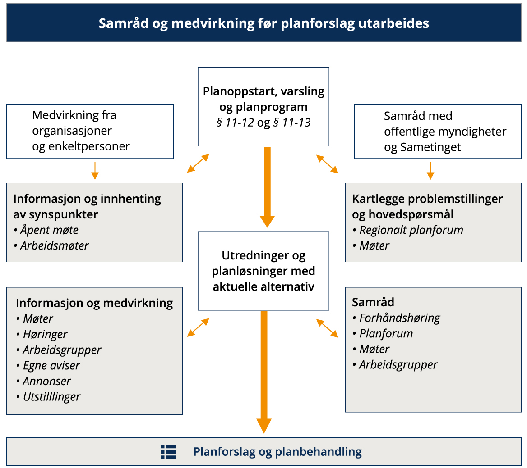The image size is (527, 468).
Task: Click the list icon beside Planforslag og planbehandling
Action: tap(169, 452)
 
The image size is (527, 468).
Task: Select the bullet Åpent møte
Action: tap(49, 230)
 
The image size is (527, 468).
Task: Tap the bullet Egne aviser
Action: tap(51, 365)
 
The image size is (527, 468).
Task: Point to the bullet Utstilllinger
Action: tap(51, 397)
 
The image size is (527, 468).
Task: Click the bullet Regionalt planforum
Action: tap(411, 230)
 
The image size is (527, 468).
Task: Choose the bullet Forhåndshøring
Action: tap(399, 318)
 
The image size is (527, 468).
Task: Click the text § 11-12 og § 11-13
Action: tap(263, 123)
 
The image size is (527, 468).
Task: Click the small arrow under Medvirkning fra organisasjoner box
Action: tap(95, 171)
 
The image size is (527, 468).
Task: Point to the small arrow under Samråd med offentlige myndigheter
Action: tap(430, 171)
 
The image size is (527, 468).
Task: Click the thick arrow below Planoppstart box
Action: tap(267, 187)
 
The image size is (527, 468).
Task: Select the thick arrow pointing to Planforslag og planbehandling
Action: tap(264, 372)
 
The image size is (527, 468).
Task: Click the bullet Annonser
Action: tap(47, 381)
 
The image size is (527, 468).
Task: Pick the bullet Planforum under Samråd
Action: tap(386, 334)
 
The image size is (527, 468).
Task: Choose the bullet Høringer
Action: tap(45, 334)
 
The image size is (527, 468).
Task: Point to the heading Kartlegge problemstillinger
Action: tap(427, 199)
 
